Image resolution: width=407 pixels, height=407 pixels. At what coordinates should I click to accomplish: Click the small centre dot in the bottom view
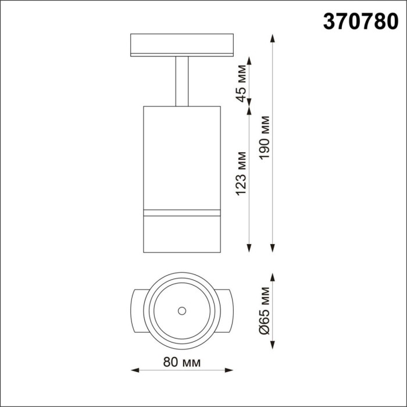pyautogui.click(x=181, y=310)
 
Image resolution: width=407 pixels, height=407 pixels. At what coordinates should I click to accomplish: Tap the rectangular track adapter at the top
pyautogui.click(x=181, y=46)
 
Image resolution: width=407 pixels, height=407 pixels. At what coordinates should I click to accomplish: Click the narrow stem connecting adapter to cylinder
pyautogui.click(x=181, y=81)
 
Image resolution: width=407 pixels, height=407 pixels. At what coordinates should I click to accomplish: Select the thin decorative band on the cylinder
pyautogui.click(x=181, y=210)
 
